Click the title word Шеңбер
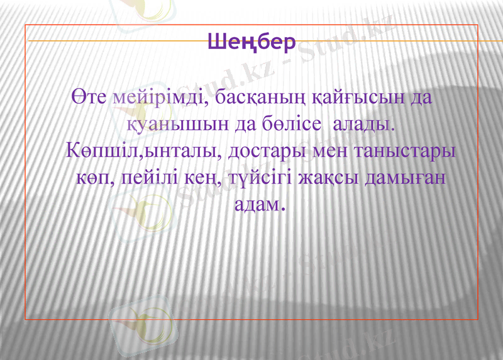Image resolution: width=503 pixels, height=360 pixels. point(251,43)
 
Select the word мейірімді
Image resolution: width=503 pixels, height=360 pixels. point(158,99)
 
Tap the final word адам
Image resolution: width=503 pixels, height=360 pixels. point(255,205)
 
